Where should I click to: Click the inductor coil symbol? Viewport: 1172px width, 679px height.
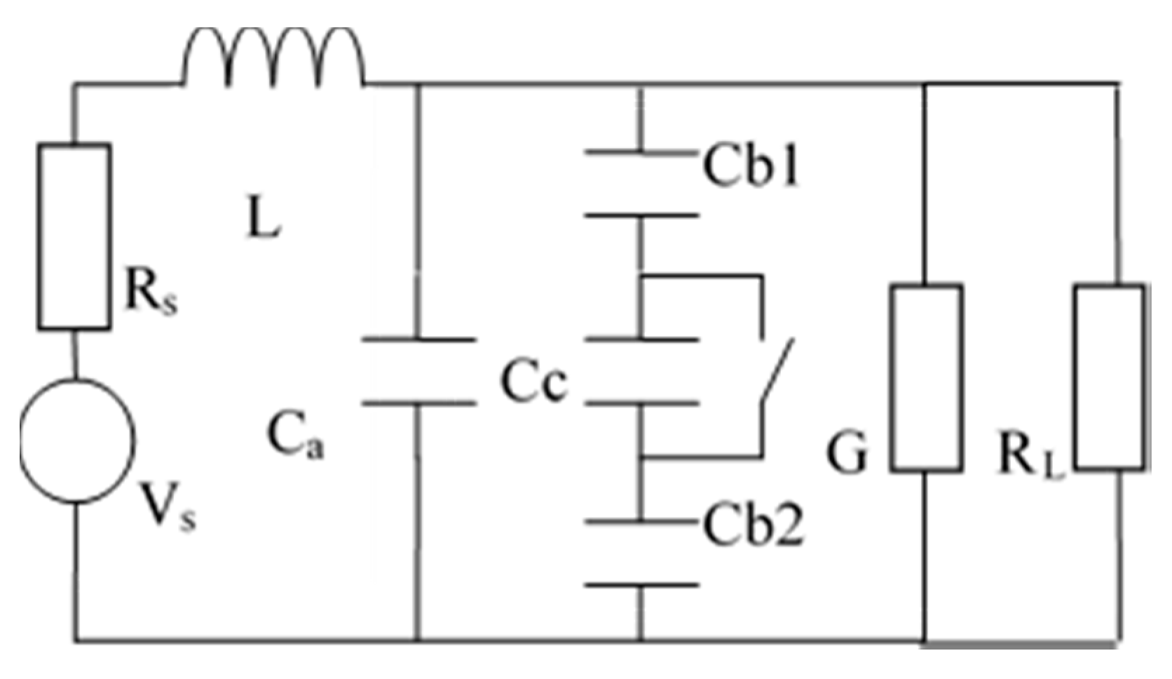[273, 60]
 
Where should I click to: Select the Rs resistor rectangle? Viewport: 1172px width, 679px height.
[74, 236]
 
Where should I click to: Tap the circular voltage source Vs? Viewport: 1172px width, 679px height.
[77, 441]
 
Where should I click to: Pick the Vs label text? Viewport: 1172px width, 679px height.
[168, 506]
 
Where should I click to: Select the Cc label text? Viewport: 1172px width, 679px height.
[533, 382]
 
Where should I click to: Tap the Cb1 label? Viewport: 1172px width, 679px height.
[751, 167]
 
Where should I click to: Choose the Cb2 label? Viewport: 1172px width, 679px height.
[753, 526]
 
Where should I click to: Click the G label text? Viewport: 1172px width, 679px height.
[847, 453]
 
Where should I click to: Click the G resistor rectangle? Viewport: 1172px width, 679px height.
[926, 377]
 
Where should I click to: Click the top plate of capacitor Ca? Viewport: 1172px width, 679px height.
[418, 340]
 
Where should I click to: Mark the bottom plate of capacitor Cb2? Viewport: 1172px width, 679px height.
[641, 584]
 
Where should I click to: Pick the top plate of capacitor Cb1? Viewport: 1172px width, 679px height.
[641, 152]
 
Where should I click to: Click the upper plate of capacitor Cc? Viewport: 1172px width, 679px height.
[641, 340]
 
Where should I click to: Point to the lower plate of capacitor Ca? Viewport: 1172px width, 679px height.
[418, 403]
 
